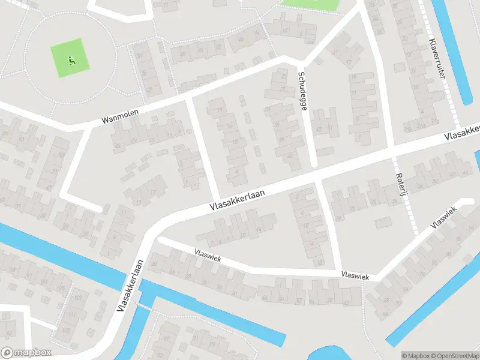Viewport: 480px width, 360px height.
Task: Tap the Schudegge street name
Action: click(x=303, y=91)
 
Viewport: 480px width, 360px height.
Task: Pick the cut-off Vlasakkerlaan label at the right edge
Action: click(x=463, y=133)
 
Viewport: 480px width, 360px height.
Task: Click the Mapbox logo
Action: click(x=26, y=353)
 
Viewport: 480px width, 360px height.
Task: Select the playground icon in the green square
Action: click(x=72, y=59)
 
